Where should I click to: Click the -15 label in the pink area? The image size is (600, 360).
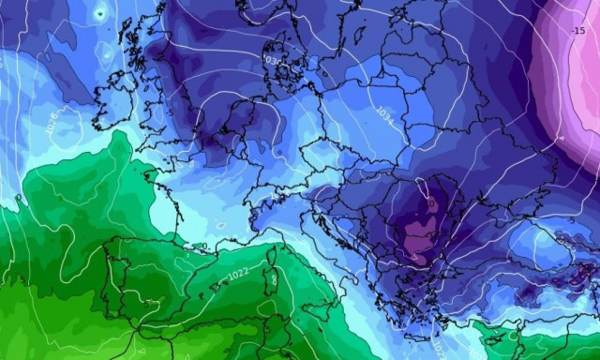point(577,31)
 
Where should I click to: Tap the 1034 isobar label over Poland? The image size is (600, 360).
point(384,112)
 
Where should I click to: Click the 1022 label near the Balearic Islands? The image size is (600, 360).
point(238,274)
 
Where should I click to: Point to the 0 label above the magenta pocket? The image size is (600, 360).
point(430,201)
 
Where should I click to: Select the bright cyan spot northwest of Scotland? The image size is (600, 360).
point(99,13)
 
